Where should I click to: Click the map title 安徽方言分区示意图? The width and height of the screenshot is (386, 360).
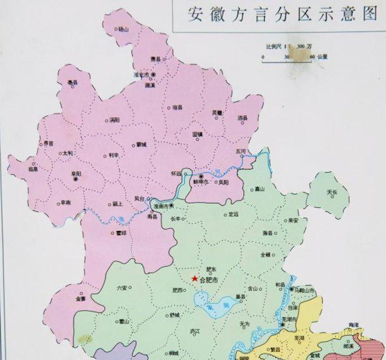tap(282, 14)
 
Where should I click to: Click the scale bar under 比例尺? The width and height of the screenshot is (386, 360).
tap(288, 57)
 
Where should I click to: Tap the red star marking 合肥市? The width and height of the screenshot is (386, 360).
tap(195, 278)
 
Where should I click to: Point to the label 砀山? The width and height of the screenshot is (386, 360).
tap(124, 29)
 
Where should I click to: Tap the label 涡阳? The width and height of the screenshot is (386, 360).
tap(115, 120)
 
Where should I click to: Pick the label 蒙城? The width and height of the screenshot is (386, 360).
tap(141, 144)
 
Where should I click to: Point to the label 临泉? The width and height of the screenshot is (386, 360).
tap(33, 169)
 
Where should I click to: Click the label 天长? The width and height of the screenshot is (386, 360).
tap(333, 193)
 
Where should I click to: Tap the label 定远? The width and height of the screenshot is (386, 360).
tap(233, 214)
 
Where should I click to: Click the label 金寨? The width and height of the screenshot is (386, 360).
tap(80, 299)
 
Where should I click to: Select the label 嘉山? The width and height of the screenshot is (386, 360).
tap(260, 189)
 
